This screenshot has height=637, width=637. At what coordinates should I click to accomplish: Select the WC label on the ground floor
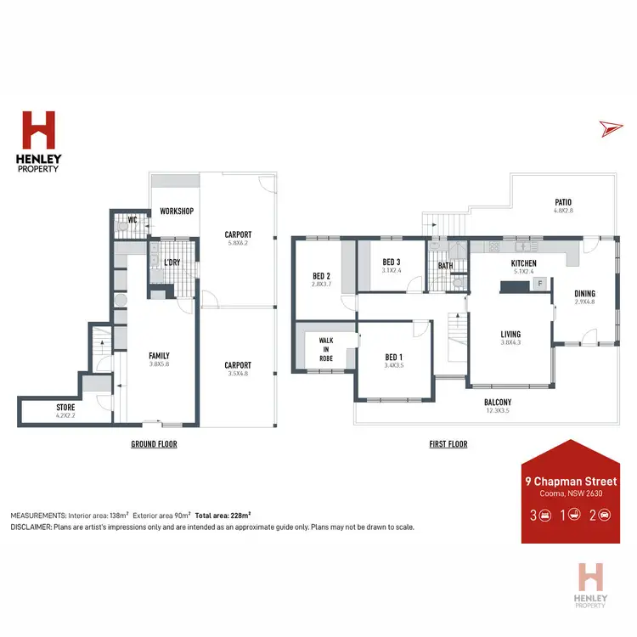point(132,220)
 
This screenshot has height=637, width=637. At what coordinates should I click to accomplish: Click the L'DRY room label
point(172,262)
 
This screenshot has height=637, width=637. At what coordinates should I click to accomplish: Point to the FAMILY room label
point(160,355)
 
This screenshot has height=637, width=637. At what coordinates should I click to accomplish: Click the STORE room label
point(65,408)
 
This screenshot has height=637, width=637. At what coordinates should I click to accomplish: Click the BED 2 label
point(321,275)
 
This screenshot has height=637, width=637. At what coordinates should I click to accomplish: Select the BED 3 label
point(391,262)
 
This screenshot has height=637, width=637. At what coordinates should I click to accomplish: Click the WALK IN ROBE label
point(326,349)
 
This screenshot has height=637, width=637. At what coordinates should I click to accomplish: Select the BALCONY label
point(497,403)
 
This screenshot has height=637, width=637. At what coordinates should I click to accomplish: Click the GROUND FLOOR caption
point(154,444)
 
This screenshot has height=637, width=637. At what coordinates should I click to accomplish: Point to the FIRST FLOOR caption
point(447,444)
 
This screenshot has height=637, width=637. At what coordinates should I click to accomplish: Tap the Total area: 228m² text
point(223,515)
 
